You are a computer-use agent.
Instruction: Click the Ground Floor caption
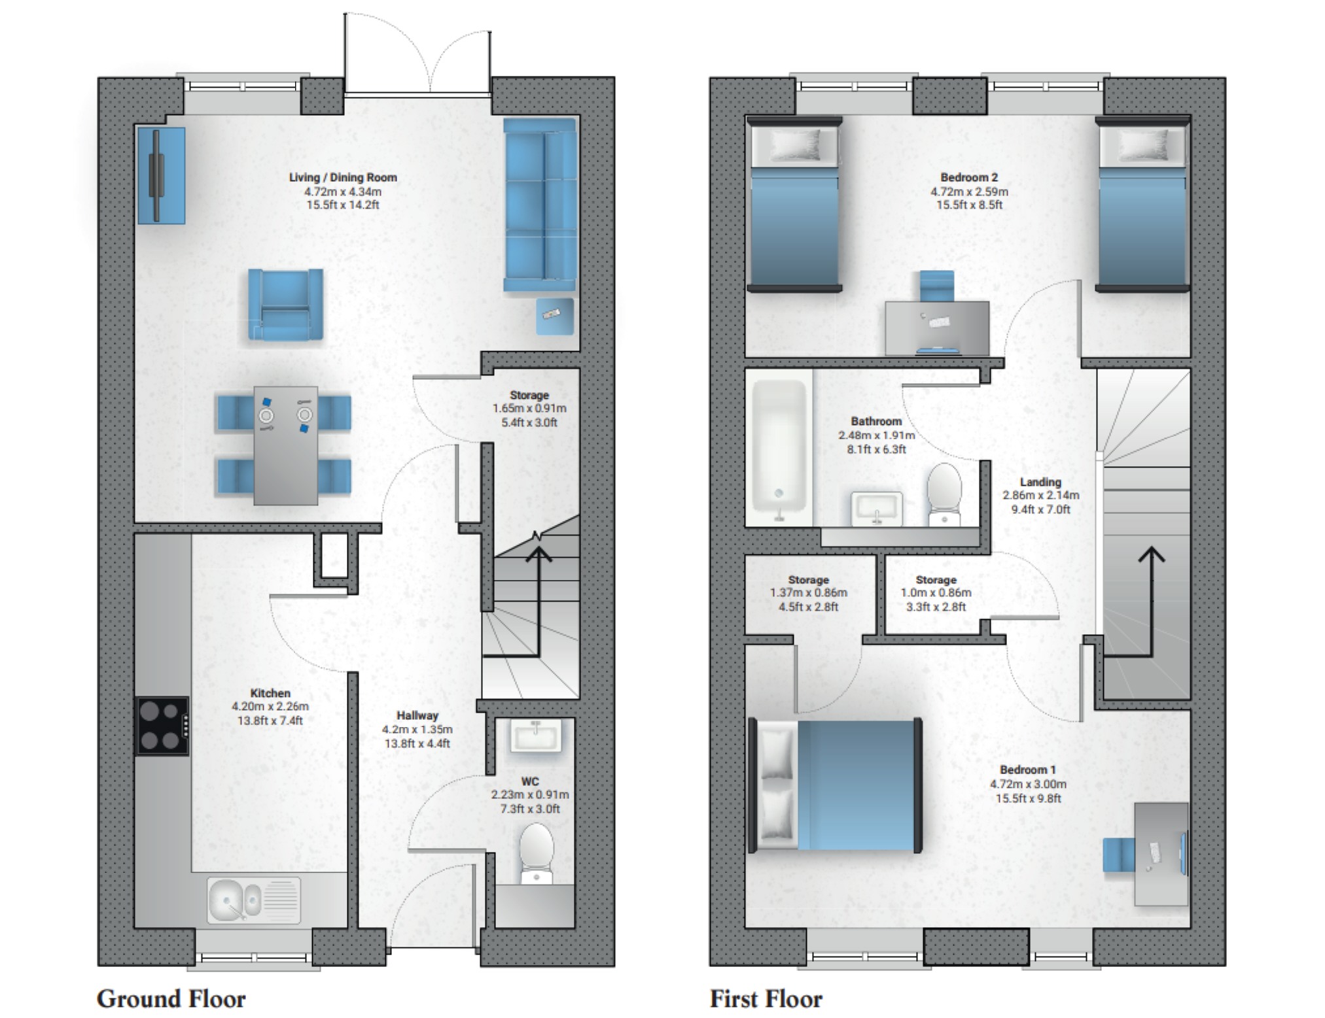pos(171,998)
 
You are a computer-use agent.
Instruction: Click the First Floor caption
pos(766,998)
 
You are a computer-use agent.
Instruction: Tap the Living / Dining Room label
pos(343,177)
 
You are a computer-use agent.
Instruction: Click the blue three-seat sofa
pos(540,204)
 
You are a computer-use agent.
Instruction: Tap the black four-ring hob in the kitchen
pos(162,726)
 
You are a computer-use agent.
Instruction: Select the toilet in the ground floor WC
pos(536,853)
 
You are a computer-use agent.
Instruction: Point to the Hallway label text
pos(417,715)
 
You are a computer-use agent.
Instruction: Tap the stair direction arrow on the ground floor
pos(539,556)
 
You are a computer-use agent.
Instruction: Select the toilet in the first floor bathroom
pos(944,494)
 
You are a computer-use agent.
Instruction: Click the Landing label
pos(1040,482)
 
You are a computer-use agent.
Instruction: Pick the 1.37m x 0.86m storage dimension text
pos(808,593)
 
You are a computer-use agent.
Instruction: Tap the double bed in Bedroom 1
pos(836,785)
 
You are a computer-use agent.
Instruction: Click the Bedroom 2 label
pos(969,177)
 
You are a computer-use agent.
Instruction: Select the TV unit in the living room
pos(160,175)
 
